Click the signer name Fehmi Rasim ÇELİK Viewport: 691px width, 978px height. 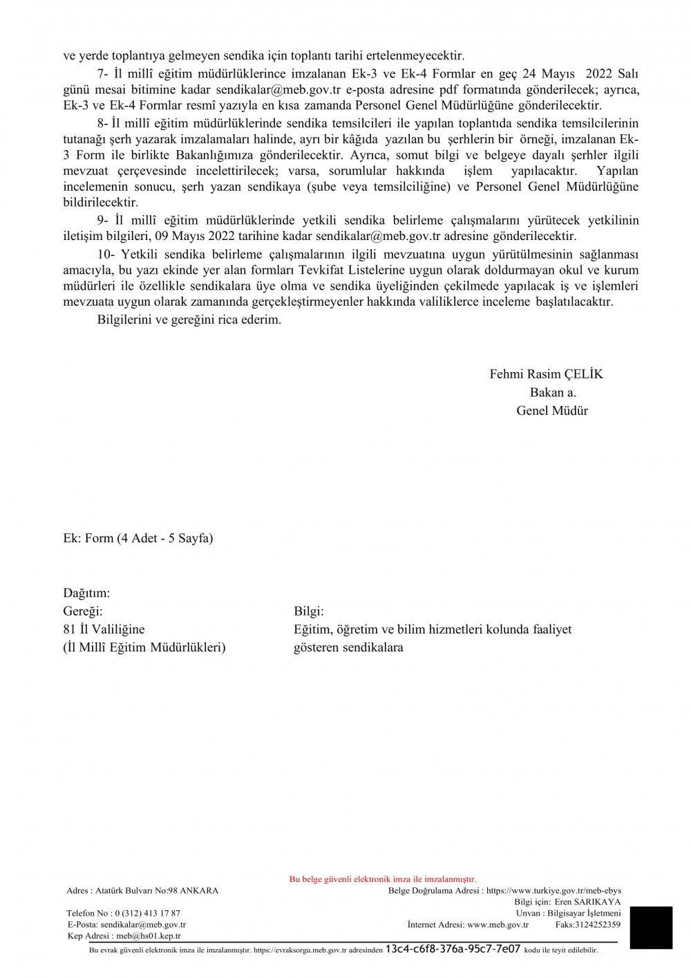(x=546, y=374)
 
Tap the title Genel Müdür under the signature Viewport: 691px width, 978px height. (x=552, y=411)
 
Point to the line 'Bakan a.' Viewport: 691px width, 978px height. (x=553, y=392)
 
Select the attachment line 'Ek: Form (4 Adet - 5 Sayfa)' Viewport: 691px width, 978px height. (x=138, y=538)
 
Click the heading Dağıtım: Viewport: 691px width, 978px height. (x=86, y=593)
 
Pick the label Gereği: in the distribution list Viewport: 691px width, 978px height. (x=83, y=611)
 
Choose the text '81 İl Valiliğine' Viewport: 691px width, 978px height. (x=104, y=629)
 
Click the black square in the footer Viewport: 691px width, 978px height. (x=651, y=928)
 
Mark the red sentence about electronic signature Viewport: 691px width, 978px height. (x=383, y=879)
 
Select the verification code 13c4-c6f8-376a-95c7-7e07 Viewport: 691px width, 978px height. (x=453, y=949)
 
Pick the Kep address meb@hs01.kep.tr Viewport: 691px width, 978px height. (x=149, y=936)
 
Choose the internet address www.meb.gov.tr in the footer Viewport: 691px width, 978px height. (x=498, y=924)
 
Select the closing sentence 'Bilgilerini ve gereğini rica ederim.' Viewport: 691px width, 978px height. (x=189, y=320)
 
